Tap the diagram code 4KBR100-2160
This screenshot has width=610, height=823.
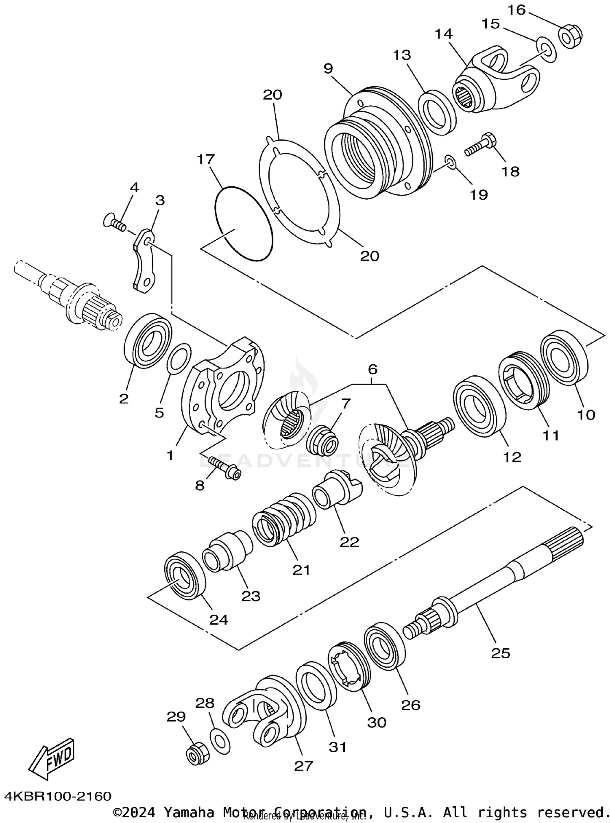click(59, 795)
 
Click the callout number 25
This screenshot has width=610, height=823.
click(500, 653)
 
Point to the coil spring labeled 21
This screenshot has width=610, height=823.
click(283, 520)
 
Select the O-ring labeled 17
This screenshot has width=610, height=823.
click(242, 223)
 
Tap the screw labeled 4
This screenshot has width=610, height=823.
click(114, 222)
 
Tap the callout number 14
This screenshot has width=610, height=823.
click(444, 34)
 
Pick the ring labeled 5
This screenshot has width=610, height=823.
click(179, 358)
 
